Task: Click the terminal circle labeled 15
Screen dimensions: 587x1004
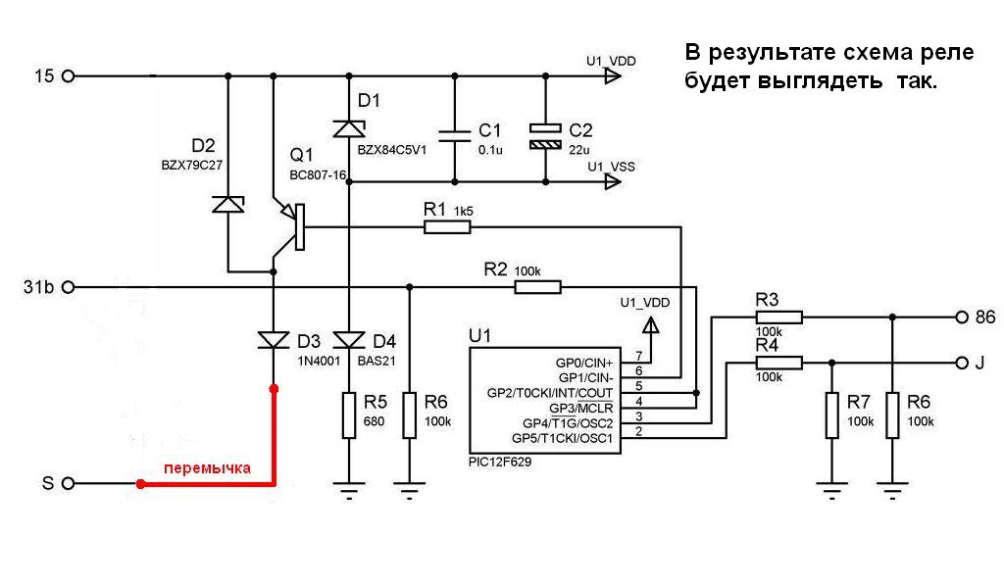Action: [x=68, y=75]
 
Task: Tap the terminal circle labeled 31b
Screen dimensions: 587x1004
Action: [x=68, y=287]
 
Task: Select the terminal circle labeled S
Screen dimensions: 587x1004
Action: [x=68, y=483]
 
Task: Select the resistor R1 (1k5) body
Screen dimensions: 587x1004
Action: [x=447, y=227]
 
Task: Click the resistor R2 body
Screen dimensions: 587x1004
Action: [x=537, y=287]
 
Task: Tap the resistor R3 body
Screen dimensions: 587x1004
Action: [x=779, y=317]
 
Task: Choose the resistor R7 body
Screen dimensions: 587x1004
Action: [x=831, y=415]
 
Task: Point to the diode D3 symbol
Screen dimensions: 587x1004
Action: [x=274, y=340]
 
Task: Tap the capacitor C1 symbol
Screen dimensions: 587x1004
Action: [x=454, y=134]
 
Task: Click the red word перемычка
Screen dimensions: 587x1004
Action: [x=207, y=467]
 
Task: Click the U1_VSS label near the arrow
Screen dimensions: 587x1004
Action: [x=611, y=167]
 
